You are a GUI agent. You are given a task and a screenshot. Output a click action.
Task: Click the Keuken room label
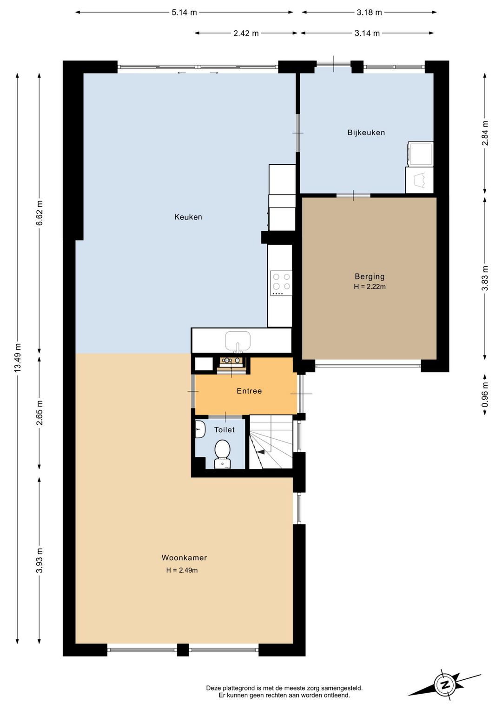[188, 217]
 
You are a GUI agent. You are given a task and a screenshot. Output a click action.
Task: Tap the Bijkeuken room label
[366, 133]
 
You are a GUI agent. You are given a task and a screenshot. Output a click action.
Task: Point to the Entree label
[249, 391]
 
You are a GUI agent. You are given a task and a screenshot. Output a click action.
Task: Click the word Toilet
[224, 430]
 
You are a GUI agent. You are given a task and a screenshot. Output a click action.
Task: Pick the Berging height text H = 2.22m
[370, 287]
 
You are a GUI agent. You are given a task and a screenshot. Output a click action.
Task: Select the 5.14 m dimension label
[185, 13]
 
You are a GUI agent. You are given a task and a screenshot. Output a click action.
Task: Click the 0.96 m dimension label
[485, 395]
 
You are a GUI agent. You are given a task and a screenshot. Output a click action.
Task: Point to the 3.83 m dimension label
[485, 278]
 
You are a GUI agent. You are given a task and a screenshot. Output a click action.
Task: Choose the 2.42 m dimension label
[246, 33]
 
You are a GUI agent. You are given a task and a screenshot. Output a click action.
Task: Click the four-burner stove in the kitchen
[281, 283]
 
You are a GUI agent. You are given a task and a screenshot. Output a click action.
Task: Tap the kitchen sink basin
[238, 341]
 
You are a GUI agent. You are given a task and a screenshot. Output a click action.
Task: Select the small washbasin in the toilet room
[199, 429]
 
